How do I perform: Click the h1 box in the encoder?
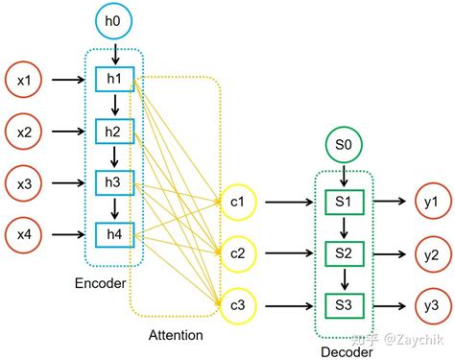113,79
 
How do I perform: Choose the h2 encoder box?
113,131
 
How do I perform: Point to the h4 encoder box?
113,231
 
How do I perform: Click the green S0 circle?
342,146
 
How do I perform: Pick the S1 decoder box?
343,203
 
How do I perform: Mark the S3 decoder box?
343,304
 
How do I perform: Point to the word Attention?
176,335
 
